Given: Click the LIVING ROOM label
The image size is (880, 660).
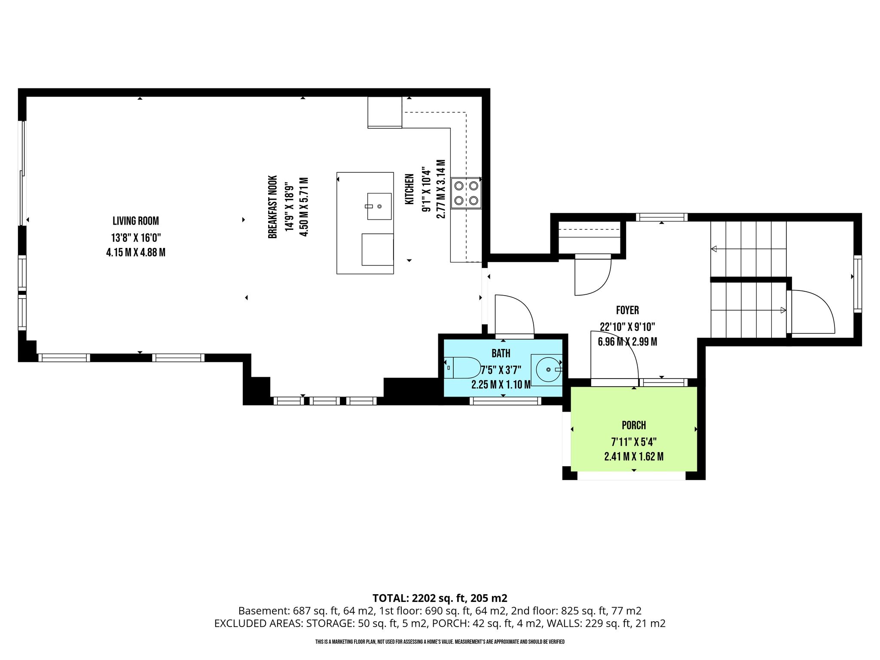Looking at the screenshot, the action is pyautogui.click(x=136, y=221).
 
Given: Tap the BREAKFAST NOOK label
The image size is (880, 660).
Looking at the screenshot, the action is pyautogui.click(x=272, y=207).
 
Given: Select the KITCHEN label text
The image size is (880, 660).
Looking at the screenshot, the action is pyautogui.click(x=409, y=189).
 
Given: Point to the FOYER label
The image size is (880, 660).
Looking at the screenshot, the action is pyautogui.click(x=627, y=310).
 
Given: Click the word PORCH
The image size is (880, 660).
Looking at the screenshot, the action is pyautogui.click(x=634, y=425).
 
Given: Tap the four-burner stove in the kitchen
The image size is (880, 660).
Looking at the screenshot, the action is pyautogui.click(x=466, y=193).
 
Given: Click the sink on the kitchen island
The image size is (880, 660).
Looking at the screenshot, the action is pyautogui.click(x=379, y=206).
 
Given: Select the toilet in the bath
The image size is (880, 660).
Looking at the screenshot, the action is pyautogui.click(x=462, y=368).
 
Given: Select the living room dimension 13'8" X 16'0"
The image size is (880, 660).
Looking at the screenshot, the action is pyautogui.click(x=136, y=238).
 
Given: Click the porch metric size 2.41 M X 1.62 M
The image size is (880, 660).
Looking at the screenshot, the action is pyautogui.click(x=634, y=456).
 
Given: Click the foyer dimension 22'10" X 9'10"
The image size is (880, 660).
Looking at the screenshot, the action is pyautogui.click(x=627, y=327).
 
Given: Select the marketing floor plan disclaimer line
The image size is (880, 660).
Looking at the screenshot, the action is pyautogui.click(x=440, y=642).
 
